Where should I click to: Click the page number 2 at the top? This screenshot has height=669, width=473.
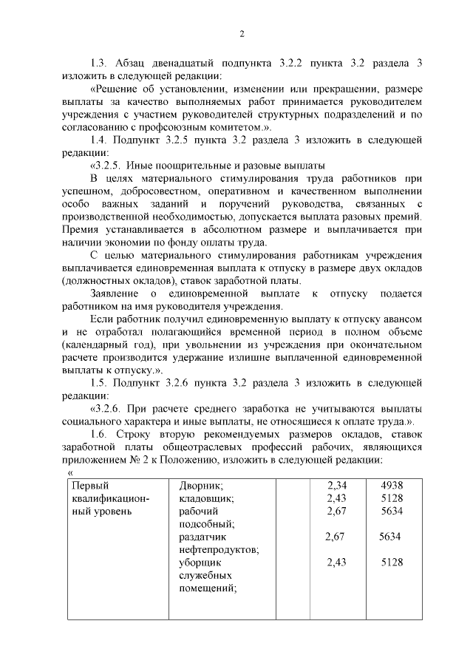(x=241, y=33)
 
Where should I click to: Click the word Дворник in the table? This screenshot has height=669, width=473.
(x=201, y=486)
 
